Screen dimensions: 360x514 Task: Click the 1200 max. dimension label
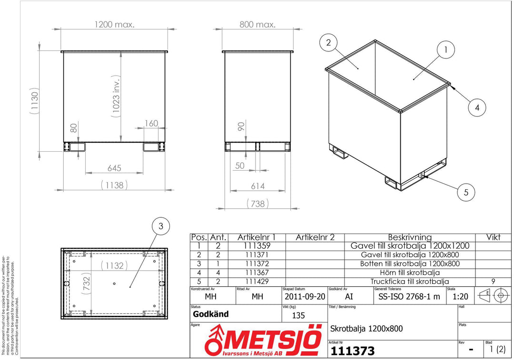point(114,24)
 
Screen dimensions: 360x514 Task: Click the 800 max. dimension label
point(257,24)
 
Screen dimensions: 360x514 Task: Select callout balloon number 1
point(445,49)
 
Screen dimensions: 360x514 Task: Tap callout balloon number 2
point(328,43)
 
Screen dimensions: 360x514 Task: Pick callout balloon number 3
point(161,227)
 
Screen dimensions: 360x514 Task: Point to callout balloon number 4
point(477,108)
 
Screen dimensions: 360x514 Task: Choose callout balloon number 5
point(466,192)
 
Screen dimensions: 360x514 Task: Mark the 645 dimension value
point(114,168)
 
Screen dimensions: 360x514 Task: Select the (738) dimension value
point(257,204)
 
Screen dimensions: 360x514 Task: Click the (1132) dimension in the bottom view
point(114,265)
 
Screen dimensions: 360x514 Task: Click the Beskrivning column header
point(410,237)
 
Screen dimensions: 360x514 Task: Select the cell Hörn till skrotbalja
point(410,272)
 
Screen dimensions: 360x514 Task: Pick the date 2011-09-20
point(305,296)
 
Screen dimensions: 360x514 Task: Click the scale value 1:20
point(460,296)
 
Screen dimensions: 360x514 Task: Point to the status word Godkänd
point(211,314)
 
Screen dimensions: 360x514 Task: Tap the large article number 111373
point(353,351)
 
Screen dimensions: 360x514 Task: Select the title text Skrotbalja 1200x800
point(366,328)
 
